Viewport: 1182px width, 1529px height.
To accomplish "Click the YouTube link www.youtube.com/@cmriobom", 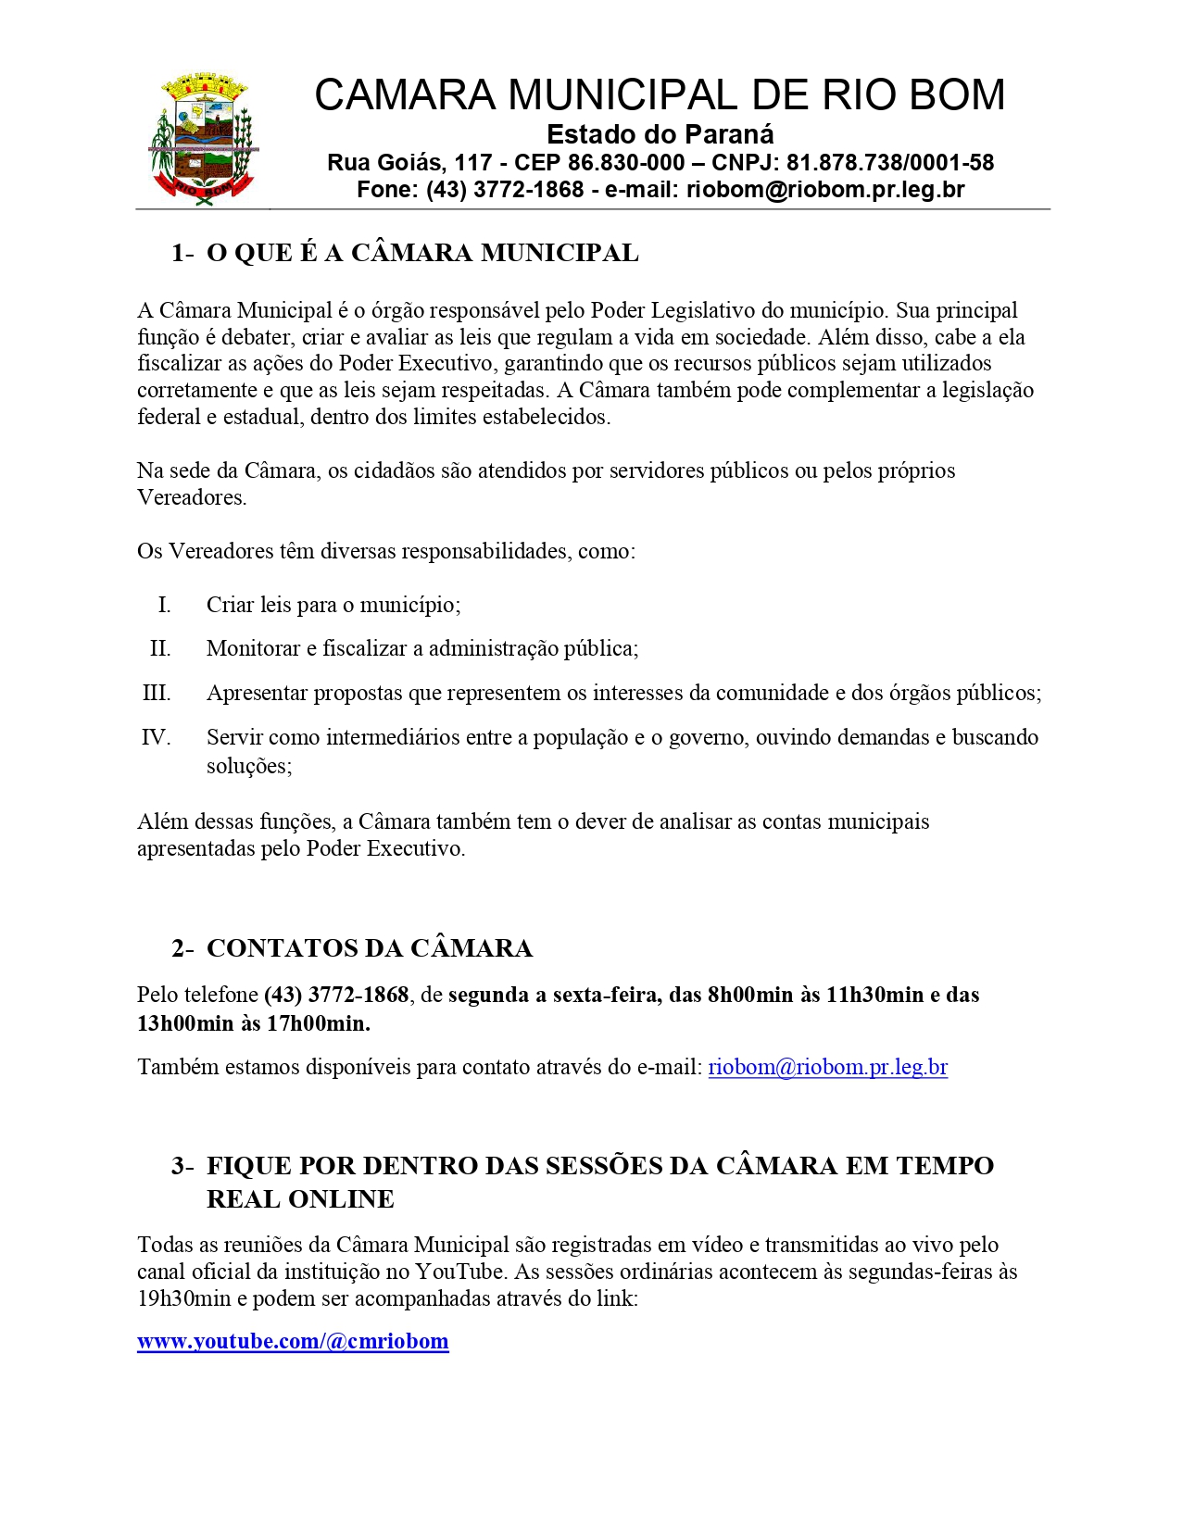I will pyautogui.click(x=293, y=1341).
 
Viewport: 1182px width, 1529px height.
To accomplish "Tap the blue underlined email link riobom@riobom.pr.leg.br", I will pyautogui.click(x=827, y=1067).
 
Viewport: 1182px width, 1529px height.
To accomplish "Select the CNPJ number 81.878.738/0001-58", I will pyautogui.click(x=890, y=163).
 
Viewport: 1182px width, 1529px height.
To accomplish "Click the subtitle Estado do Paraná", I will pyautogui.click(x=660, y=134).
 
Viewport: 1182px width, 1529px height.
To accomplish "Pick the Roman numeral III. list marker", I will pyautogui.click(x=157, y=693).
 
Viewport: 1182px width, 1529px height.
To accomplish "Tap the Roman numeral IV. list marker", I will pyautogui.click(x=156, y=737).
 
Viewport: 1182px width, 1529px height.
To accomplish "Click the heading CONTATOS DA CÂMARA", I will pyautogui.click(x=370, y=948).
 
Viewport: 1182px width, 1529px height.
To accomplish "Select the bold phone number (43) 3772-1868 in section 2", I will pyautogui.click(x=336, y=995).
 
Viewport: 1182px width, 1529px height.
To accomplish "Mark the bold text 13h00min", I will pyautogui.click(x=185, y=1022).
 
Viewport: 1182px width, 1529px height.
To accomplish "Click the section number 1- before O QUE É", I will pyautogui.click(x=182, y=253).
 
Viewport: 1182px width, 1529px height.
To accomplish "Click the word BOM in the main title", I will pyautogui.click(x=960, y=94).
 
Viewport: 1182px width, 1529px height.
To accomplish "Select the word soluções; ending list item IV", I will pyautogui.click(x=249, y=766).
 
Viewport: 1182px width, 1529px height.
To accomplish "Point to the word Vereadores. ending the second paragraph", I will pyautogui.click(x=192, y=497).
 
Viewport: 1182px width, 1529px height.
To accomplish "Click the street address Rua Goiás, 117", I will pyautogui.click(x=409, y=163).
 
